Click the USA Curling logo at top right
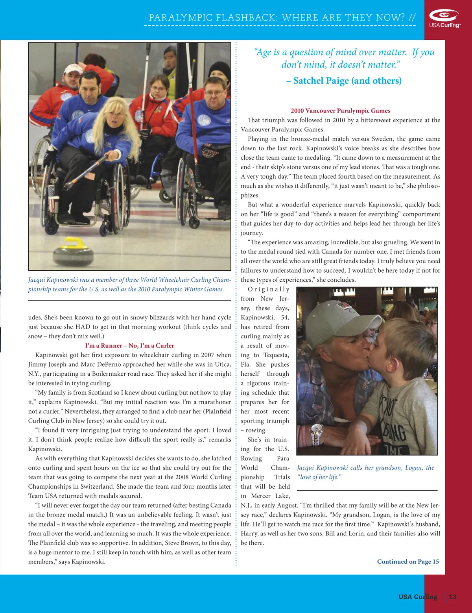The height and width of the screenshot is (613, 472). click(x=444, y=18)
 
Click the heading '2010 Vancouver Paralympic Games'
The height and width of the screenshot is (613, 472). click(x=340, y=111)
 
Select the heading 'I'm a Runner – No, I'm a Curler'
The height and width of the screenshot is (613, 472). click(x=129, y=345)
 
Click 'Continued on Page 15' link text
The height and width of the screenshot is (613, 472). click(x=408, y=561)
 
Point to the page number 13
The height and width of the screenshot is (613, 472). click(x=452, y=596)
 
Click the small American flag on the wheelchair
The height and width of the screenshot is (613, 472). click(x=90, y=176)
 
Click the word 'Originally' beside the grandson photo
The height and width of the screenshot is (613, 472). click(x=268, y=290)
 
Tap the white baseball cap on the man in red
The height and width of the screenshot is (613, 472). click(x=72, y=70)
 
